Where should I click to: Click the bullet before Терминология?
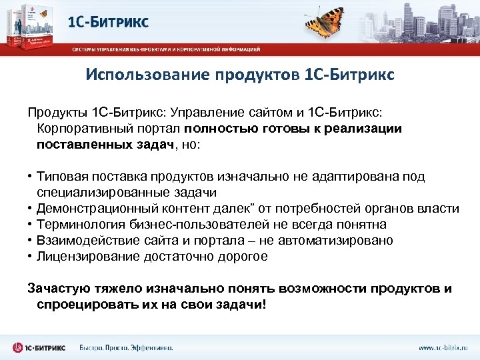click(31, 225)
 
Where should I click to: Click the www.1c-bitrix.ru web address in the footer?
click(443, 347)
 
